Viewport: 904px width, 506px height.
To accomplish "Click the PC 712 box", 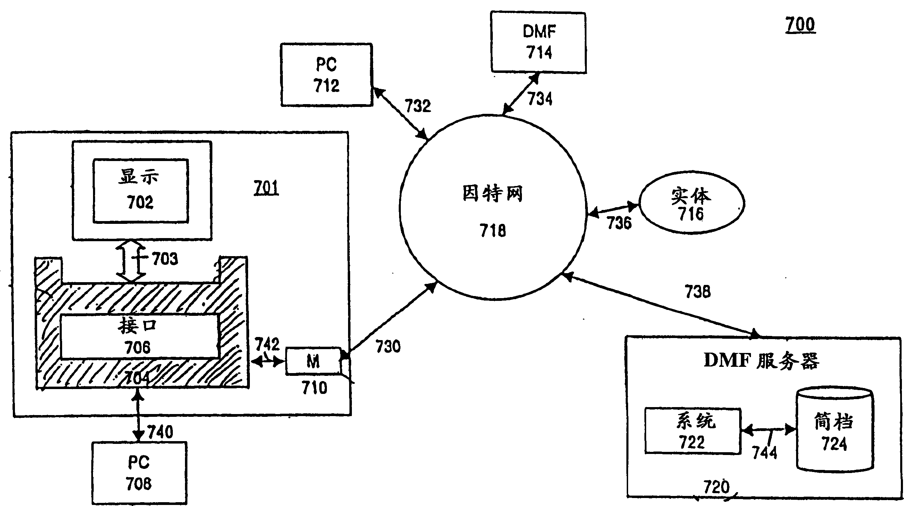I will click(326, 74).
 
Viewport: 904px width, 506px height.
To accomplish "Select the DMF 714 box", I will click(538, 42).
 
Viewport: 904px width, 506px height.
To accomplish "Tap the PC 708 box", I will click(139, 473).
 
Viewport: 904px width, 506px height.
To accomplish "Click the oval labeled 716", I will click(691, 203).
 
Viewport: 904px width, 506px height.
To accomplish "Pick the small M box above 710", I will click(313, 361).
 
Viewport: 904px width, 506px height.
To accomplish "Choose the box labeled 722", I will click(693, 431).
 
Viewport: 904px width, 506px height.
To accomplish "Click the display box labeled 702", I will click(141, 191).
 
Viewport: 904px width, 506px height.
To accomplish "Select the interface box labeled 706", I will click(139, 336).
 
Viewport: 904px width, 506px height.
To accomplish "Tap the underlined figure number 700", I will click(800, 25).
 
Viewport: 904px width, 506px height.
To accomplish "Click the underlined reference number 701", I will click(266, 188).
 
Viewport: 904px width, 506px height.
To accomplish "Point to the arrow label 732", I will click(417, 106).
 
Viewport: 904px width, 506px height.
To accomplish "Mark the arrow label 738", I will click(698, 292).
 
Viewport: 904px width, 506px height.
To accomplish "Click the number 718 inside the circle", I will click(493, 230).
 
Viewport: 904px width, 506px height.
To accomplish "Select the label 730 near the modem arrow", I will click(388, 346).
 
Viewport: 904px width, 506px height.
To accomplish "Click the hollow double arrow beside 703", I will click(131, 261).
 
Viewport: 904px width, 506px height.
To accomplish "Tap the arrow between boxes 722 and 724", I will click(769, 430).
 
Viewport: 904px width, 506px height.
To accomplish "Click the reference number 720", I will click(716, 487).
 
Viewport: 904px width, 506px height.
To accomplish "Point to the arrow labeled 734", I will click(521, 94).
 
